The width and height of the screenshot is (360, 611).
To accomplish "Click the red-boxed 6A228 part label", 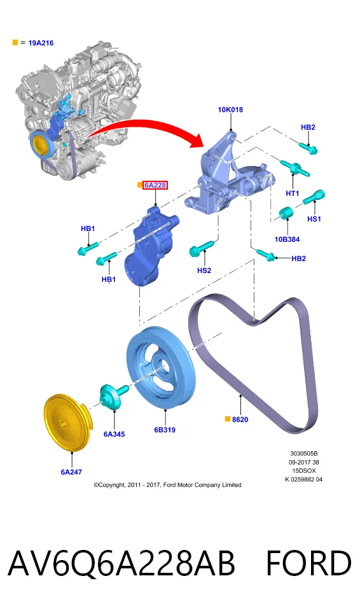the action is click(155, 185).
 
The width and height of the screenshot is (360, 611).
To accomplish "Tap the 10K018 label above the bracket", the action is click(230, 110).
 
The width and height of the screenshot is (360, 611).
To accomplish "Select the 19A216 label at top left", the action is click(41, 43).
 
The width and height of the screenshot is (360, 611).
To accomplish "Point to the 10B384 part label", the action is click(287, 239).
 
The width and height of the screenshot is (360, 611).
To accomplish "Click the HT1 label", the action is click(292, 193).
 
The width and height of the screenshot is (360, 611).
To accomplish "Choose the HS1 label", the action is click(314, 219).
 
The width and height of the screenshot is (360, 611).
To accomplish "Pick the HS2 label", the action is click(204, 270).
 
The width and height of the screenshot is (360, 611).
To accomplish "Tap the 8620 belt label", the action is click(240, 419).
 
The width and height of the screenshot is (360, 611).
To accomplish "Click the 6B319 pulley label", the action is click(165, 430).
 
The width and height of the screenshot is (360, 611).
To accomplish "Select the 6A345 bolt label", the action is click(114, 434).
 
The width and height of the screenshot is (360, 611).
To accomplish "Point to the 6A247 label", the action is click(71, 472).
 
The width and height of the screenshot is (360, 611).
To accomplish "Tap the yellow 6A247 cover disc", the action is click(66, 423).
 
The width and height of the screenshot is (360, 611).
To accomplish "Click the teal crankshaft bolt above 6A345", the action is click(113, 395).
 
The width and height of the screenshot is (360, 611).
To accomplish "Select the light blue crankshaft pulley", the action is click(160, 369).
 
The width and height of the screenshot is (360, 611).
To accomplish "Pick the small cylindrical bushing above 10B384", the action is click(286, 213).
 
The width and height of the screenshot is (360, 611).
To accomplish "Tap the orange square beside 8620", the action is click(228, 419).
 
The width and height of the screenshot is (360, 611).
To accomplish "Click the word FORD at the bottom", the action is click(308, 563).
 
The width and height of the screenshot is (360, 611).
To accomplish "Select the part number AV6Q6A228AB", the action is click(121, 563).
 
